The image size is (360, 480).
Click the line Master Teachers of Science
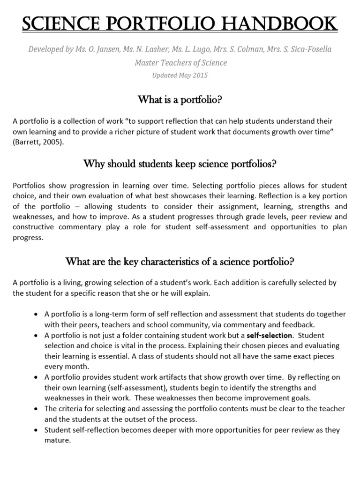[x=180, y=62]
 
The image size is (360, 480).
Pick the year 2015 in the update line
[x=199, y=75]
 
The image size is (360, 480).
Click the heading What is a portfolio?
[x=180, y=99]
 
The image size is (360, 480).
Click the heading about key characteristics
[x=180, y=262]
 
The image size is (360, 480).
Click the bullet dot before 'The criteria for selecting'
[x=36, y=409]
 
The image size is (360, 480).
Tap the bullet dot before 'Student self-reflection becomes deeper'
[x=36, y=430]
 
